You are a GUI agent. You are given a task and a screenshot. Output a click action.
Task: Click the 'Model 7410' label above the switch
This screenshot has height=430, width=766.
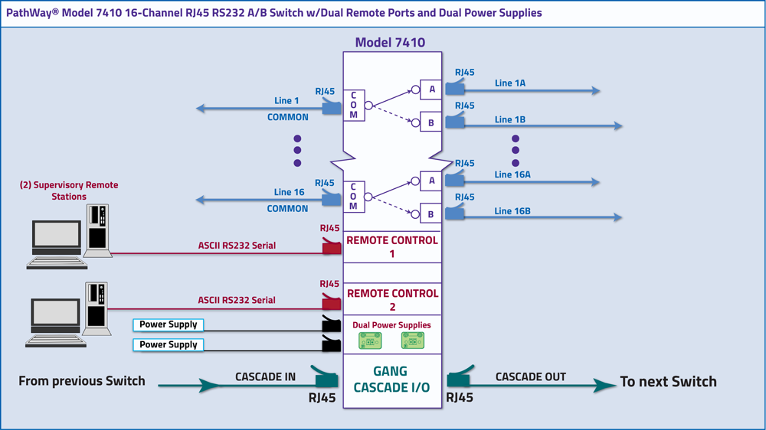(x=391, y=43)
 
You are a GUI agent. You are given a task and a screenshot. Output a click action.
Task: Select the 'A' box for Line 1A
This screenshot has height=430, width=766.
(x=431, y=90)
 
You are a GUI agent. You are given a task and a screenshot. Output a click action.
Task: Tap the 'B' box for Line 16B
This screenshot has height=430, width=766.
(x=431, y=215)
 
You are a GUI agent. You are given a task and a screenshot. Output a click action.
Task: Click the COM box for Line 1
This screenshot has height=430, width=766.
(x=353, y=105)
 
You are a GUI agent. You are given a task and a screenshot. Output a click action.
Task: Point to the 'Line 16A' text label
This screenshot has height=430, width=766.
(x=512, y=174)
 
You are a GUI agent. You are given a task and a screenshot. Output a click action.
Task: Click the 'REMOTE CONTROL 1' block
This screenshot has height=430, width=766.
(x=392, y=246)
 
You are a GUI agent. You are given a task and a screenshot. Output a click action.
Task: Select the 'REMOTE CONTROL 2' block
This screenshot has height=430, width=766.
(x=392, y=300)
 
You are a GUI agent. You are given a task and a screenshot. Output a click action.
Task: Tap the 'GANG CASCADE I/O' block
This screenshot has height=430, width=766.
(x=391, y=380)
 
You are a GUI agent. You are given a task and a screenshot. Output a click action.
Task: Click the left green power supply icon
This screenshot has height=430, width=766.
(x=371, y=341)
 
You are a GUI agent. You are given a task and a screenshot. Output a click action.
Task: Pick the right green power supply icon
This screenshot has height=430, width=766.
(x=413, y=341)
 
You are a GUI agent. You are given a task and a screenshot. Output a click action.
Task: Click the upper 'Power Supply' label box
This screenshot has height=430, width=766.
(x=169, y=324)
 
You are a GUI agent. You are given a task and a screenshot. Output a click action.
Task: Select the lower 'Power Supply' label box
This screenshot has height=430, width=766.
(x=169, y=345)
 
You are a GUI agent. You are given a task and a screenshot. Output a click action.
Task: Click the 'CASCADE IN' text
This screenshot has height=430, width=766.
(x=265, y=376)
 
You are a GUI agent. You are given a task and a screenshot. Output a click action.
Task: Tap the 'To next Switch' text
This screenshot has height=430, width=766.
(x=668, y=382)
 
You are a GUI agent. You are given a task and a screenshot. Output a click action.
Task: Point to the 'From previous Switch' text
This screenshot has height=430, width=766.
(x=82, y=381)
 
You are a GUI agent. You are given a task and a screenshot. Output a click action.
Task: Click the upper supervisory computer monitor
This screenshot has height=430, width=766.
(x=56, y=237)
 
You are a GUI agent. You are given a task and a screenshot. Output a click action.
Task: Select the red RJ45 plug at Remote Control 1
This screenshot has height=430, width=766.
(x=331, y=246)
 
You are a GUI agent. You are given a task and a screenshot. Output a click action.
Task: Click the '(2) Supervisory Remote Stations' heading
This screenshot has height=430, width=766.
(x=69, y=191)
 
